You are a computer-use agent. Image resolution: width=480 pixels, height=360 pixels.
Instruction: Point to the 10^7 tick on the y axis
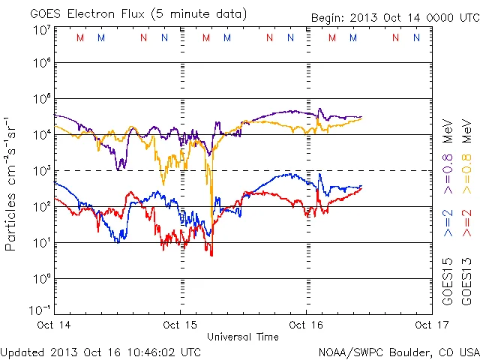(x=41, y=30)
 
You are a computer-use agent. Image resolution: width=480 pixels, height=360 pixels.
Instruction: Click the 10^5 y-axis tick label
(x=41, y=99)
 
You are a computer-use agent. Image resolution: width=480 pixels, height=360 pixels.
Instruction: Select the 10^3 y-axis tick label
(x=41, y=171)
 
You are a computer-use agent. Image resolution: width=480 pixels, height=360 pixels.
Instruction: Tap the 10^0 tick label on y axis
(x=41, y=279)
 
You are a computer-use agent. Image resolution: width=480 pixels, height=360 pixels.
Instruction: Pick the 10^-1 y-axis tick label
(x=41, y=310)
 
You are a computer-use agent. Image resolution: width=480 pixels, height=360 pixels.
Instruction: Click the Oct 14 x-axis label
(x=54, y=325)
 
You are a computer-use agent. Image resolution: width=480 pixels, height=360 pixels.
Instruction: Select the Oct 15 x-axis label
(x=180, y=325)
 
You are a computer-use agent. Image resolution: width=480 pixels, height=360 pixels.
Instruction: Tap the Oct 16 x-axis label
(x=306, y=325)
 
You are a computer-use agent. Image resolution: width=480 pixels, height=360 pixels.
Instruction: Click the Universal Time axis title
(x=243, y=337)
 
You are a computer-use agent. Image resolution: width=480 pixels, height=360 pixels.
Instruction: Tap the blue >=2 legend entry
(x=448, y=224)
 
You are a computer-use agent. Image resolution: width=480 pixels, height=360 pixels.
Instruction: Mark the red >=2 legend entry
(x=467, y=224)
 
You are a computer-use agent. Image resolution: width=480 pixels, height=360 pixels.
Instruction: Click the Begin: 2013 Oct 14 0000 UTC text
(x=395, y=18)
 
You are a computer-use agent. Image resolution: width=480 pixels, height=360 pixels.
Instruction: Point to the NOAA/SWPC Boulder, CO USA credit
(x=398, y=352)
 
